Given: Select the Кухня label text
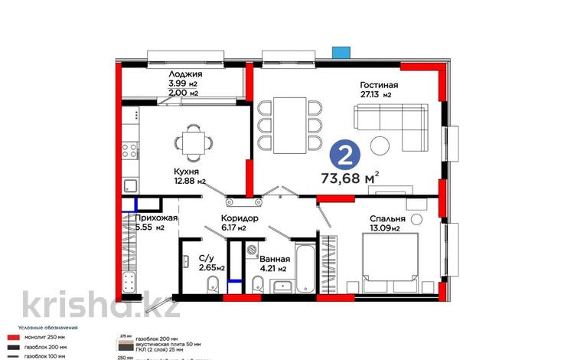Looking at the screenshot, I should point(186,172).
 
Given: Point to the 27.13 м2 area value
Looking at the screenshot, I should point(376,96).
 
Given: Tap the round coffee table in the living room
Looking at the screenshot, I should point(380,144).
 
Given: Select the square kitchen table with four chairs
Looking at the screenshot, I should point(189,142).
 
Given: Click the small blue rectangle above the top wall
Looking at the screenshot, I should point(339,53).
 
